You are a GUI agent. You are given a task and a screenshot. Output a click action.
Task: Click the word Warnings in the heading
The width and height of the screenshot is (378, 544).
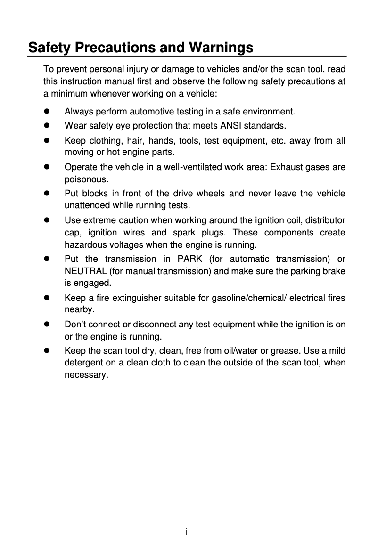tap(221, 48)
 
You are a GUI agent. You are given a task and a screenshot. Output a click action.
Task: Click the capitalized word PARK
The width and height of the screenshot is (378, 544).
tap(190, 259)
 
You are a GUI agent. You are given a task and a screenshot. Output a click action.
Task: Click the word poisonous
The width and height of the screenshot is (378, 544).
tap(81, 179)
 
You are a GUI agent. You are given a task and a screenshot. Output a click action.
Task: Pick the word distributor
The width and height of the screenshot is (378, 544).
tap(325, 220)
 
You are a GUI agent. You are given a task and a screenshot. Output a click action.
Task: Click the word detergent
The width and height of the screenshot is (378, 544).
tap(82, 363)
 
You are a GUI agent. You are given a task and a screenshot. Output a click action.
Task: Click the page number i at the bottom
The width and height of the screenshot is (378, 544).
tap(187, 532)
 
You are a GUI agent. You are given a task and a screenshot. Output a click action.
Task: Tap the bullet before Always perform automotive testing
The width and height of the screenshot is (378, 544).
tap(47, 112)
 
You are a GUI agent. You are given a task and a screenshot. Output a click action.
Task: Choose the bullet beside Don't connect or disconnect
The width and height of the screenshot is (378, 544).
tap(47, 325)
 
